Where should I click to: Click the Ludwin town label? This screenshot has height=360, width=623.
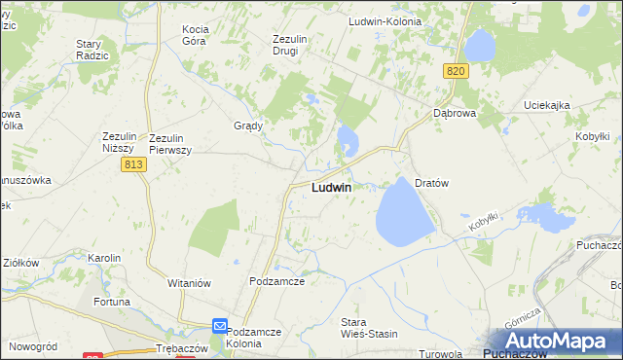(x=331, y=187)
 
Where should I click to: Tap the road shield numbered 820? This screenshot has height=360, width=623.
(x=457, y=71)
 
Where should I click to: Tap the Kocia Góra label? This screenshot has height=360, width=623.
(x=202, y=36)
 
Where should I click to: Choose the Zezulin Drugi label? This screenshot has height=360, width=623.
(x=290, y=46)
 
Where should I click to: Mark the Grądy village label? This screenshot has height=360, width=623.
(x=249, y=126)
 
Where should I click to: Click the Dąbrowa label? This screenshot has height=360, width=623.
(x=454, y=113)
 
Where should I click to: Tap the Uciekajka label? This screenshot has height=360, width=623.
(x=546, y=105)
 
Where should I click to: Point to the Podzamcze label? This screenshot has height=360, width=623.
(x=277, y=281)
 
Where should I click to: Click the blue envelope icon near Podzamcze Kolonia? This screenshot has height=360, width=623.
(x=221, y=327)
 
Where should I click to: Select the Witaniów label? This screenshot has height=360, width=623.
(x=190, y=283)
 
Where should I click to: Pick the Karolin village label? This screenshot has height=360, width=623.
(x=104, y=258)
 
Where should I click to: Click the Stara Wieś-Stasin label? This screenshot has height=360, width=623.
(x=369, y=328)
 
